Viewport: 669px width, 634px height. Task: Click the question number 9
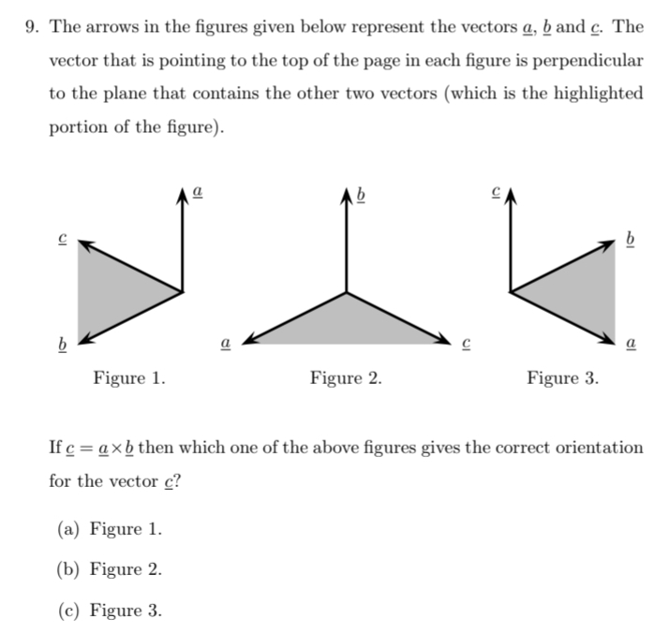click(x=32, y=27)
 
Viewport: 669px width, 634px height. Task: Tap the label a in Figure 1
click(x=197, y=194)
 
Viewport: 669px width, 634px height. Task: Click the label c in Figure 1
click(x=63, y=240)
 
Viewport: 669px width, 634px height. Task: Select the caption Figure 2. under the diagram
click(x=346, y=378)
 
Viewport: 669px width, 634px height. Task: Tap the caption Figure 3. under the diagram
click(x=562, y=378)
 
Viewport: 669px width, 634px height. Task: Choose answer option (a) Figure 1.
click(x=110, y=529)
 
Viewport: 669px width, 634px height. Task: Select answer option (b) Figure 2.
click(x=110, y=569)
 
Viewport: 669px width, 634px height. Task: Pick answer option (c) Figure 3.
click(x=110, y=611)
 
